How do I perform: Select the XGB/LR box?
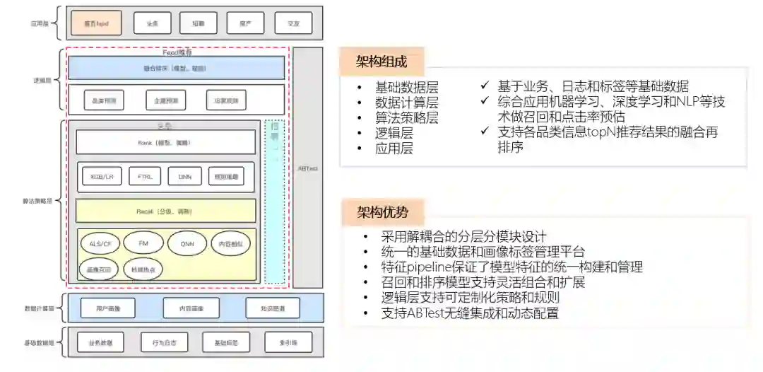[x=97, y=176]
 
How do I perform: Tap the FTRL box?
[x=145, y=176]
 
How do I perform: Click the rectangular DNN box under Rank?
[x=185, y=176]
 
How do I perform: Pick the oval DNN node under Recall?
[x=187, y=243]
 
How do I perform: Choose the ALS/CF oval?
[x=100, y=243]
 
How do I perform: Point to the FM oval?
[x=143, y=243]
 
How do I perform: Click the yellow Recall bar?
[x=166, y=211]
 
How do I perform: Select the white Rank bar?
[x=166, y=142]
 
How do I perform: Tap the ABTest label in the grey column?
[x=307, y=168]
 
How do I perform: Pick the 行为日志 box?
[x=154, y=343]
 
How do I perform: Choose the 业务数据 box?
[x=100, y=343]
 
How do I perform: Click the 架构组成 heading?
[x=381, y=62]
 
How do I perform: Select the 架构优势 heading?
[x=381, y=211]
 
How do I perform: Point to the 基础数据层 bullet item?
[x=407, y=88]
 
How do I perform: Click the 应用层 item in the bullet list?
[x=394, y=148]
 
